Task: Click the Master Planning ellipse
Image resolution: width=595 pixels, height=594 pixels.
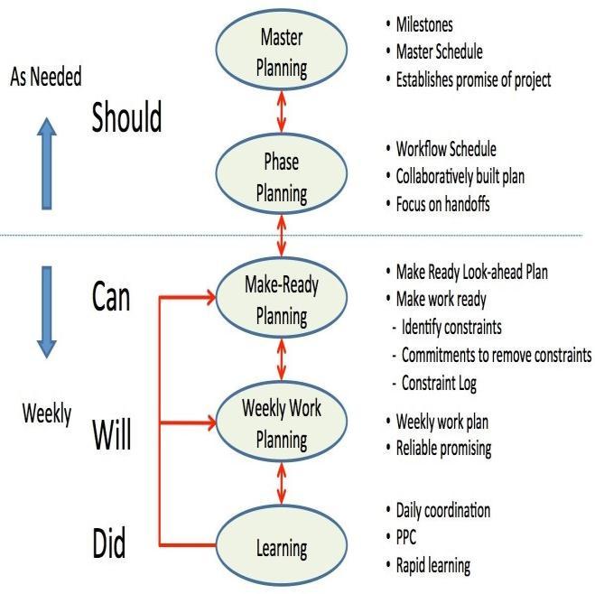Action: coord(282,52)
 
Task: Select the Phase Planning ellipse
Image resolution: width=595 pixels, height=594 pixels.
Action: coord(282,179)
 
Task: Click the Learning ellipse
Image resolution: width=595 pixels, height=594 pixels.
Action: coord(282,547)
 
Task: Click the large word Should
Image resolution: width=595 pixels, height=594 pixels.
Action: coord(126,118)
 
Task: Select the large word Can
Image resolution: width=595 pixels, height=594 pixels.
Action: coord(112,297)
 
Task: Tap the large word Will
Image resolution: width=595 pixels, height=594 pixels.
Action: coord(112,436)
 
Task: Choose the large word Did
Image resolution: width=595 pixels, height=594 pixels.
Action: coord(109,545)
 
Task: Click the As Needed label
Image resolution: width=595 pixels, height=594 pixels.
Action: coord(45,78)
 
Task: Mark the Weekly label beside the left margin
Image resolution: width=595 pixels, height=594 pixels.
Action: coord(46,415)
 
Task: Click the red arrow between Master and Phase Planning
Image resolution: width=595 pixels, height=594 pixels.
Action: coord(282,116)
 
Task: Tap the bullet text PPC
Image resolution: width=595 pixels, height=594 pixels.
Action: coord(409,539)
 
